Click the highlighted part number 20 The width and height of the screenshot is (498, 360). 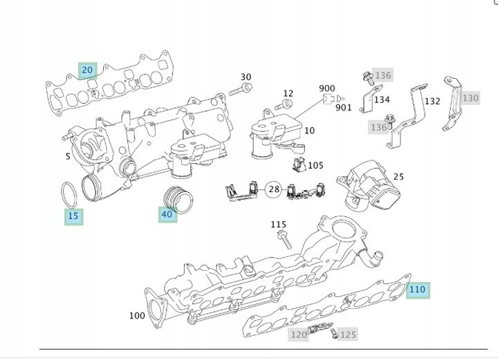[87, 70]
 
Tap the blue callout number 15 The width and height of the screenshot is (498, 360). [74, 216]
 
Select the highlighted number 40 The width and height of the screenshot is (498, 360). [167, 214]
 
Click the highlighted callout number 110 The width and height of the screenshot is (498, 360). [417, 290]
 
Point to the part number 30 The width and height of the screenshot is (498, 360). [246, 77]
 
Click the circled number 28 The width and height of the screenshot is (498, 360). [274, 189]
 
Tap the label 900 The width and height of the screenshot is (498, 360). [326, 88]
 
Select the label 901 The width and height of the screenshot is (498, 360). [343, 107]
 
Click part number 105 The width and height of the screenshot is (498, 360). [315, 165]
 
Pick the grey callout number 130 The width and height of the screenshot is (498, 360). [470, 98]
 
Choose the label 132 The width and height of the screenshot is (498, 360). [432, 101]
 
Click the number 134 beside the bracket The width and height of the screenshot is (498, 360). [381, 100]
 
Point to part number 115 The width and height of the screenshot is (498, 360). [278, 224]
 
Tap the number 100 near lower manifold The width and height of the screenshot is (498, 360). [137, 316]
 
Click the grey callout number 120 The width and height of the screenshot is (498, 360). [298, 334]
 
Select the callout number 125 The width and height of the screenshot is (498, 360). [348, 334]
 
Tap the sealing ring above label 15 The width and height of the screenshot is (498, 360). [68, 193]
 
